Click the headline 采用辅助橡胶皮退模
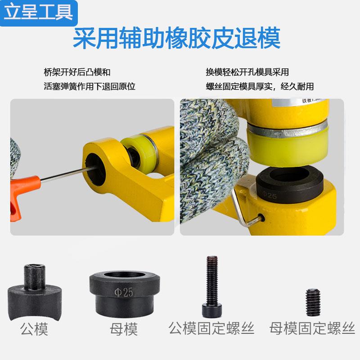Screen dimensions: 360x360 click(177, 39)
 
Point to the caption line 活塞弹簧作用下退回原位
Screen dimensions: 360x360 click(90, 85)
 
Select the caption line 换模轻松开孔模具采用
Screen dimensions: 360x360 click(247, 72)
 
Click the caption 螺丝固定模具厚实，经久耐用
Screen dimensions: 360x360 click(260, 85)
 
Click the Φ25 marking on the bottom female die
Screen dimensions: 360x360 click(121, 292)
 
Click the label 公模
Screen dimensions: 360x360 click(34, 330)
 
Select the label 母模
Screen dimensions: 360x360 click(123, 330)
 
